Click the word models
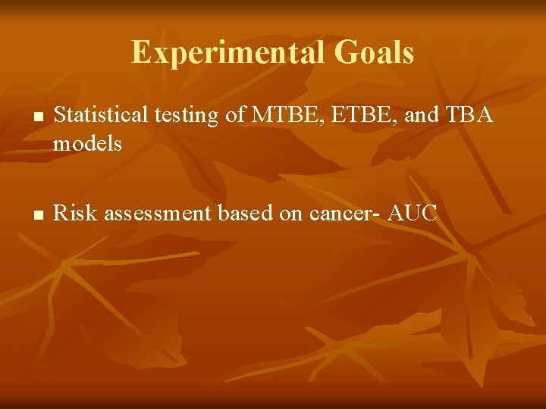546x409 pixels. point(87,143)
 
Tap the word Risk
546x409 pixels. point(77,214)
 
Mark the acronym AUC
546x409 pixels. point(413,214)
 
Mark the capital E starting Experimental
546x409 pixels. point(140,53)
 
